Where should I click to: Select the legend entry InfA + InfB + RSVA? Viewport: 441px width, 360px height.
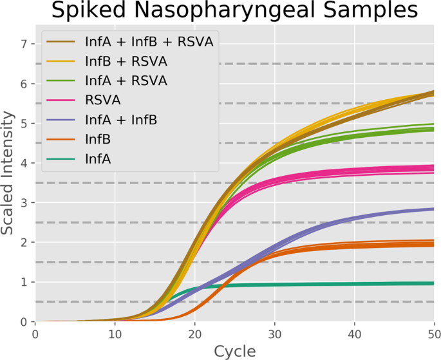(149, 42)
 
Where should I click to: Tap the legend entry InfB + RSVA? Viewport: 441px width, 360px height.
(126, 61)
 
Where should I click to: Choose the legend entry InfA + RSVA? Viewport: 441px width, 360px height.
(126, 81)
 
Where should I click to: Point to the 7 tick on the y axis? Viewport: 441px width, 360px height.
(24, 44)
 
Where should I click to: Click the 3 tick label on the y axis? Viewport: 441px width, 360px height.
(24, 203)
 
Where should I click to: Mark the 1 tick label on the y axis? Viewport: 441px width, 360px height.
(24, 282)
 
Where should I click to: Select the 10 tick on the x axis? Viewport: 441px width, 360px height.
(115, 333)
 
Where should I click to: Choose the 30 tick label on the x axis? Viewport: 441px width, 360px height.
(275, 333)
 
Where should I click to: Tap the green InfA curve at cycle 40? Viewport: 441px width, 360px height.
(355, 284)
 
